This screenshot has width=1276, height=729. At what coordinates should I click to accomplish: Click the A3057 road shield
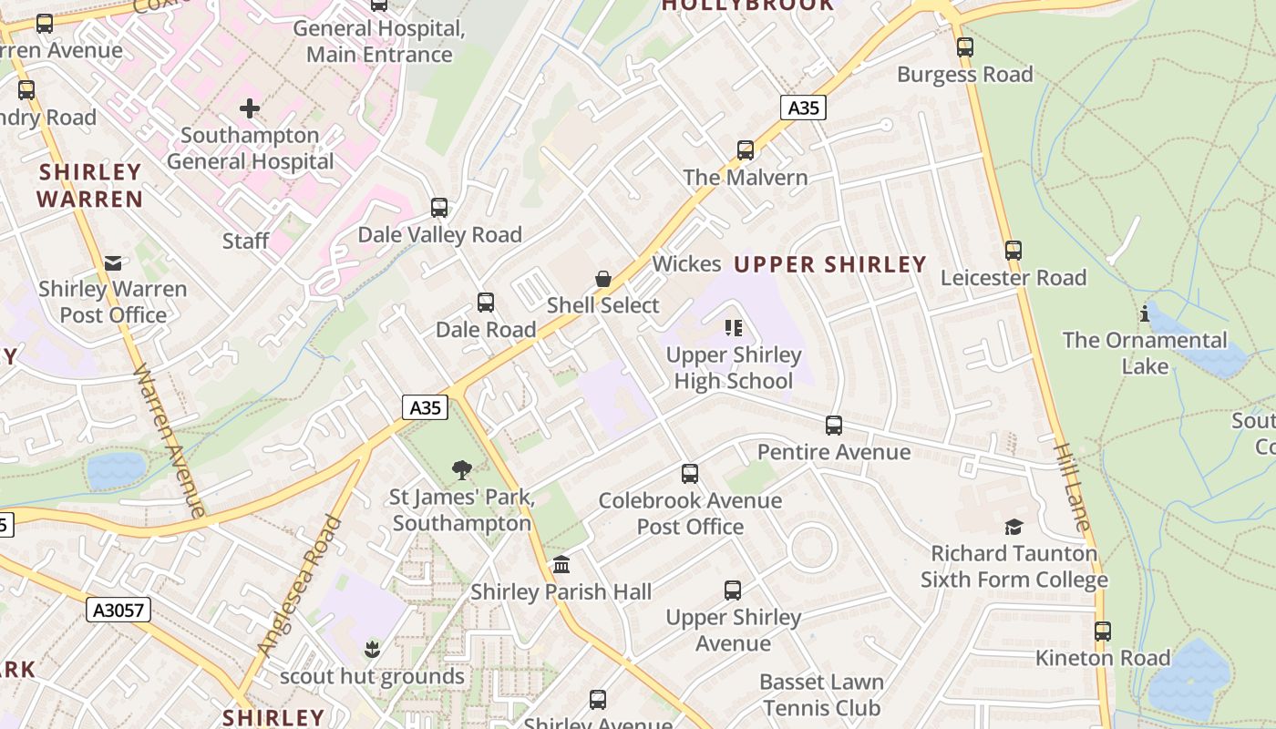118,610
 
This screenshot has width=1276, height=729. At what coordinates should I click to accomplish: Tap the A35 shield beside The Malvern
803,108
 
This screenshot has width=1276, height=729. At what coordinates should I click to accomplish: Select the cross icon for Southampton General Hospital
250,109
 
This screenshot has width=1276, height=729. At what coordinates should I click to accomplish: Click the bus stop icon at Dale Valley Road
439,208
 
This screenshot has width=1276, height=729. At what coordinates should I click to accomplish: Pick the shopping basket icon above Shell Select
602,278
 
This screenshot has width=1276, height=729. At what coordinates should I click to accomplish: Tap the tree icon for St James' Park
462,470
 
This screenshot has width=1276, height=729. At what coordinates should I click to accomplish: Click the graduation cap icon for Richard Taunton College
1014,527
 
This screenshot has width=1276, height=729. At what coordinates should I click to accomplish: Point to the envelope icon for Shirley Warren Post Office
113,262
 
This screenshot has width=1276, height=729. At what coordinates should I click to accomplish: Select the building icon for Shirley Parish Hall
561,565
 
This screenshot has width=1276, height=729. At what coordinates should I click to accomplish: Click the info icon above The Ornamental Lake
1145,314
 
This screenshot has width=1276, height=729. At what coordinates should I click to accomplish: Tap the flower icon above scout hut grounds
372,650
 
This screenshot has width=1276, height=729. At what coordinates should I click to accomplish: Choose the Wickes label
686,264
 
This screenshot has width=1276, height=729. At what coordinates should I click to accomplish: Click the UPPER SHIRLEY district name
829,265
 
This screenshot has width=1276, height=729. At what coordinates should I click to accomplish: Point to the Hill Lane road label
1071,487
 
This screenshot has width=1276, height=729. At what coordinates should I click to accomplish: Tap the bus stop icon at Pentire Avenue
834,426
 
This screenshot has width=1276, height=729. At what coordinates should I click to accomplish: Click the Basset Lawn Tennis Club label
821,695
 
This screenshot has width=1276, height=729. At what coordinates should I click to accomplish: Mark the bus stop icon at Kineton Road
1103,631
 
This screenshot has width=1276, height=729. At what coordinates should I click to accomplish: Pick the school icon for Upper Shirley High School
734,328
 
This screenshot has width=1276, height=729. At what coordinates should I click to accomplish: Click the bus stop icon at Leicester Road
1014,251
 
